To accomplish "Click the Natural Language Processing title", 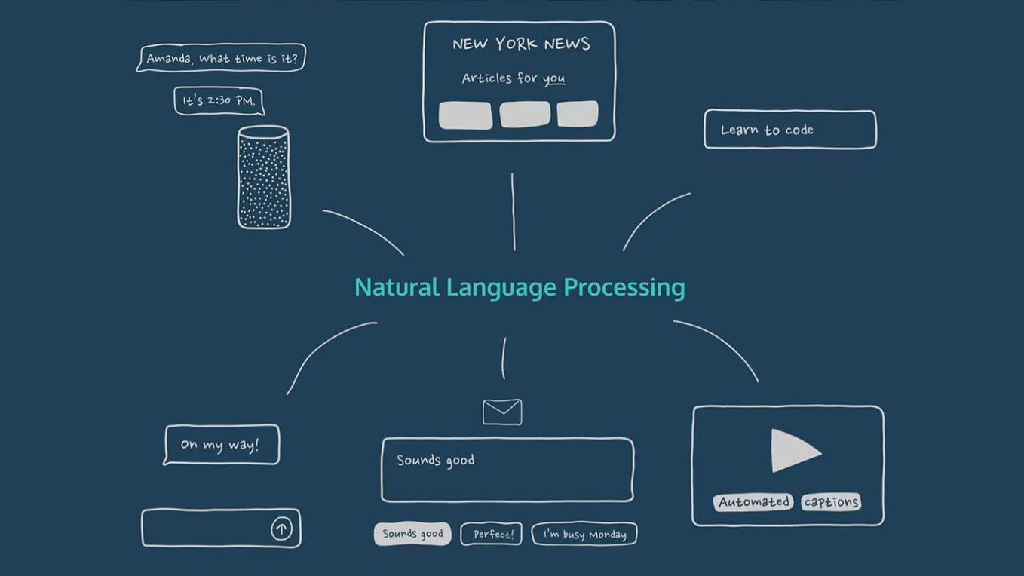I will [x=520, y=287].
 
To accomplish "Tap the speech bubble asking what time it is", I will [x=221, y=58].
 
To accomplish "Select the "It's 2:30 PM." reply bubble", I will [x=219, y=100].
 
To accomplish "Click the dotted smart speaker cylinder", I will [x=263, y=177].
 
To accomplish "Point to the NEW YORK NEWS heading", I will [x=521, y=44].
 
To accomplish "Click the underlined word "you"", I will [x=553, y=78].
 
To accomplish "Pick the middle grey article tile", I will [x=525, y=115].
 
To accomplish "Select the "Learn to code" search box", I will [x=789, y=130].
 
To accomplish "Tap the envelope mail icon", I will [x=502, y=412].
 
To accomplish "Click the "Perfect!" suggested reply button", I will [x=491, y=534].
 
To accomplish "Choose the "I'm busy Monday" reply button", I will [x=584, y=534].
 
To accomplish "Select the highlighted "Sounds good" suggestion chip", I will [x=412, y=534].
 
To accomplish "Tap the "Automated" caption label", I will [x=753, y=502].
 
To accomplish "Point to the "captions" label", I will [x=831, y=502].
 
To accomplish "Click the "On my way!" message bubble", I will [x=221, y=445].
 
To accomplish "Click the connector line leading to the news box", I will [x=514, y=211].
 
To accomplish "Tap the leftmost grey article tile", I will [x=465, y=115].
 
